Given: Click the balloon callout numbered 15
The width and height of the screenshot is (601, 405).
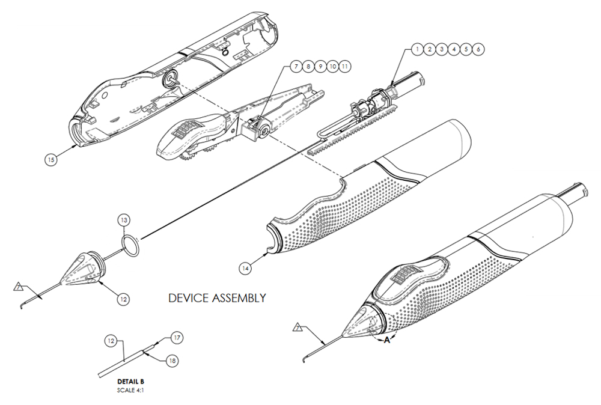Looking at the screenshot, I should [x=51, y=160].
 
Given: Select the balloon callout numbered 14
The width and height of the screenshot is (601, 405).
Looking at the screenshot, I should [x=245, y=269].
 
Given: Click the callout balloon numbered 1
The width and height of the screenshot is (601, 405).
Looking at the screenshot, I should [x=417, y=49].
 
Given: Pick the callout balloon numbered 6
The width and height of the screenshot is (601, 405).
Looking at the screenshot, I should [x=478, y=49].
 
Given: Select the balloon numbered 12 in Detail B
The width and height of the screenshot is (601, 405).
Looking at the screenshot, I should [x=111, y=341].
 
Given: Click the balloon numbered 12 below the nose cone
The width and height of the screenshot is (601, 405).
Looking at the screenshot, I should [x=123, y=297].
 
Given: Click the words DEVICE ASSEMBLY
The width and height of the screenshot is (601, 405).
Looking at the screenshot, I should [x=217, y=298].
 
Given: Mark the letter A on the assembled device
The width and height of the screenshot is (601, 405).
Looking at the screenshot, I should [x=387, y=340].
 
